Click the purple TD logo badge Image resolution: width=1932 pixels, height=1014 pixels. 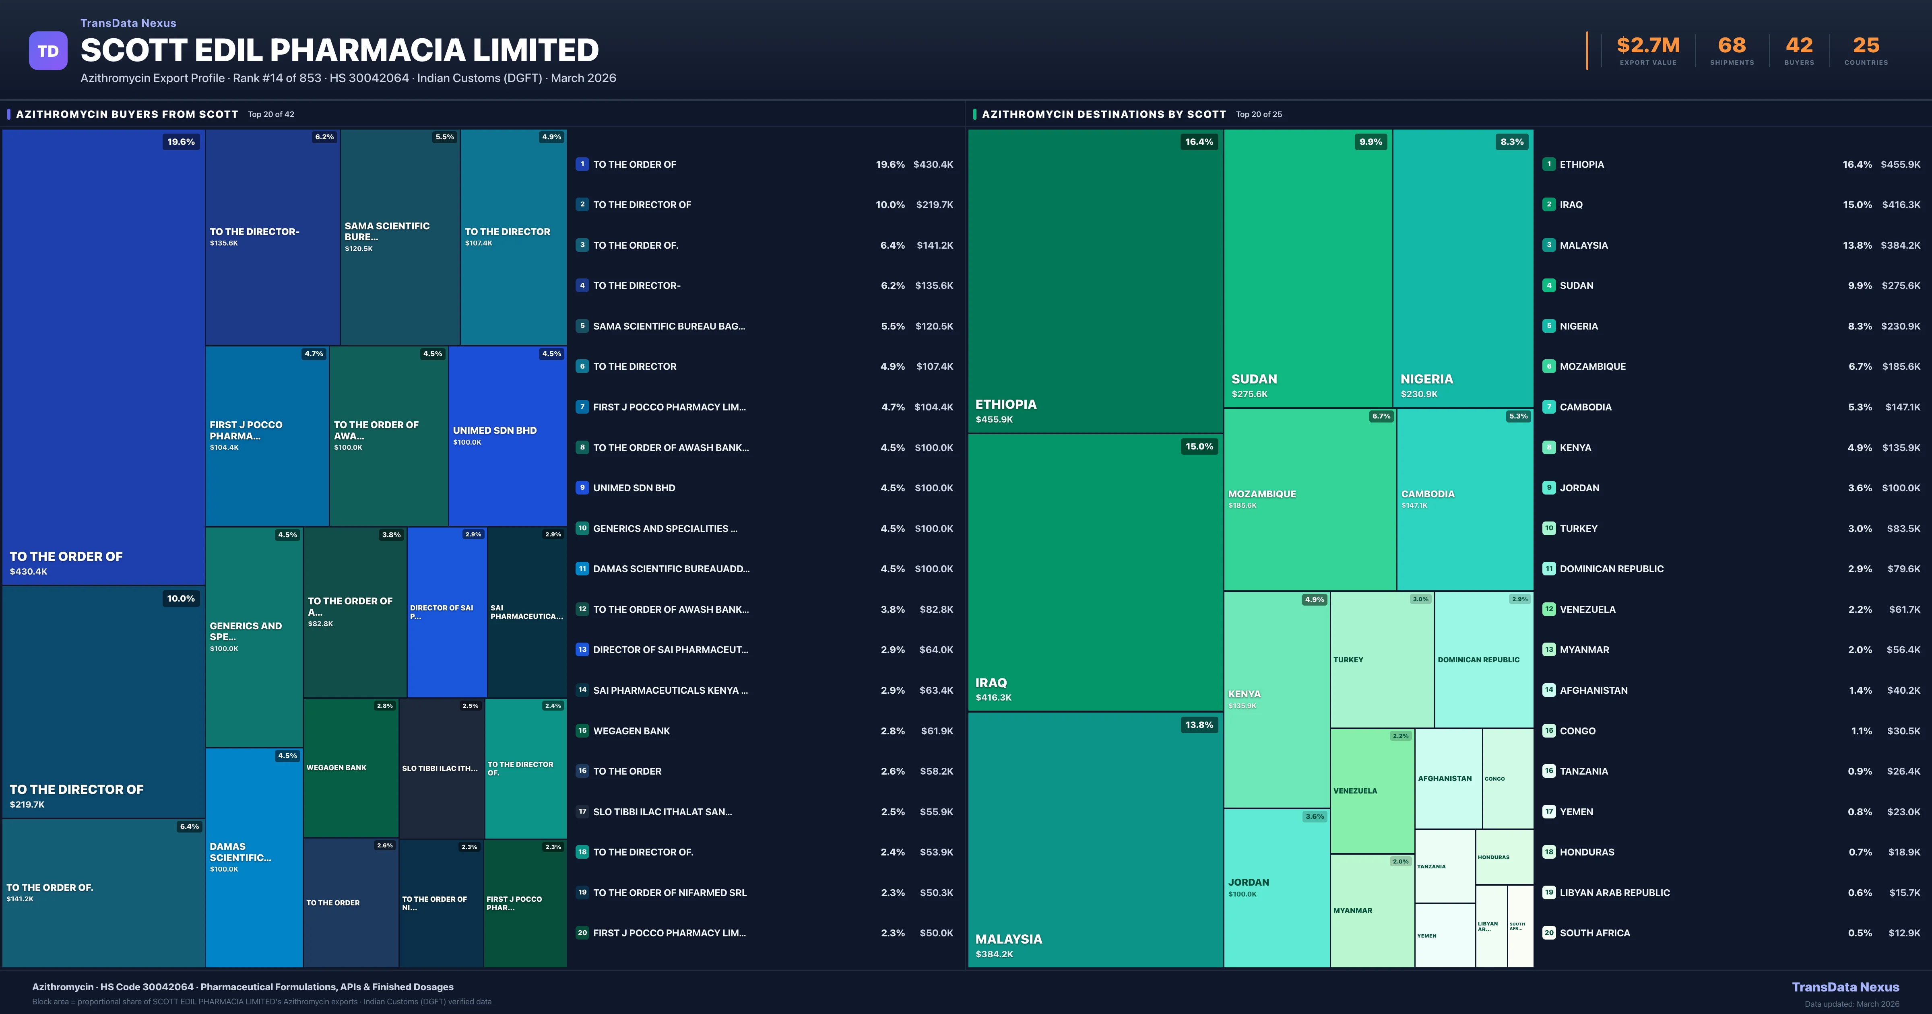click(48, 51)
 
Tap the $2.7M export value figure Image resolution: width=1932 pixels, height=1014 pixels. click(1648, 46)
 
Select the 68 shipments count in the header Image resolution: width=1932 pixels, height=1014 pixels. click(1732, 46)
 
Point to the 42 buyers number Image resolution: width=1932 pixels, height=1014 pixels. click(1798, 46)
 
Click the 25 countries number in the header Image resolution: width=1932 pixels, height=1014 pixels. click(1866, 46)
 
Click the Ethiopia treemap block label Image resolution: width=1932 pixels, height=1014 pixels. click(1006, 405)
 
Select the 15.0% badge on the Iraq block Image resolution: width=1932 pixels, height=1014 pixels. click(1199, 446)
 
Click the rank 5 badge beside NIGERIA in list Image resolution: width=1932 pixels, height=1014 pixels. click(1549, 326)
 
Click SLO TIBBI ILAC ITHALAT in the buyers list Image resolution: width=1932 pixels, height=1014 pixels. click(662, 812)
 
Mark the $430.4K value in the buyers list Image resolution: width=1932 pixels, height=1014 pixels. click(933, 164)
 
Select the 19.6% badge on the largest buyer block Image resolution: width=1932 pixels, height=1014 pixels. click(181, 142)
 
